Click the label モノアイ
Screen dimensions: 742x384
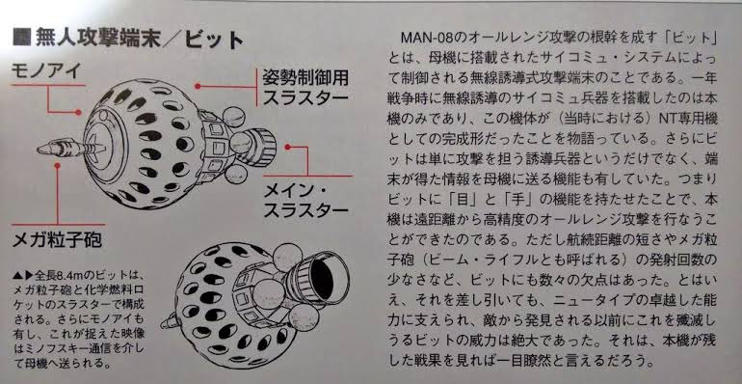[x=46, y=72]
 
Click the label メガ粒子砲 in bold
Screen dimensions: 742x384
[x=57, y=239]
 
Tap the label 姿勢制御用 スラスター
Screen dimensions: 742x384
[x=305, y=88]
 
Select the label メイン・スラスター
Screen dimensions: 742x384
[x=305, y=200]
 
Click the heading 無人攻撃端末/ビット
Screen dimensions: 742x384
[x=139, y=39]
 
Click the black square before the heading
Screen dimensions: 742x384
[x=21, y=38]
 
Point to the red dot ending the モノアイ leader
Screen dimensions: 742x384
[x=78, y=112]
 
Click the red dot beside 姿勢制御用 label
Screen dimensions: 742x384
[x=198, y=86]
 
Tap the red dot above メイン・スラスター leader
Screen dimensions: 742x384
[x=287, y=147]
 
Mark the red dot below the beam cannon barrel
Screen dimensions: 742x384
[x=57, y=165]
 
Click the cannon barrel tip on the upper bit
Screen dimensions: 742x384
[x=40, y=150]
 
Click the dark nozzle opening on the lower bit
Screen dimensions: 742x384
[x=323, y=279]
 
